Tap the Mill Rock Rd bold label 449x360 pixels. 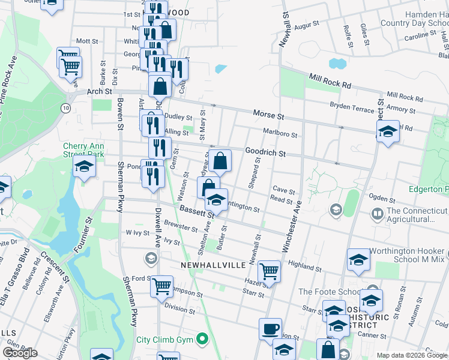(330, 82)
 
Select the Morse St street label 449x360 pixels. (268, 113)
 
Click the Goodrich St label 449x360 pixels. (265, 153)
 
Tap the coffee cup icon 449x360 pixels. (270, 329)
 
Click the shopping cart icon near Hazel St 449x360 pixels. (269, 271)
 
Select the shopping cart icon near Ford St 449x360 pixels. (161, 287)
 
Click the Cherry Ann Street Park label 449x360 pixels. (83, 150)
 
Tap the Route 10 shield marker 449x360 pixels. (66, 107)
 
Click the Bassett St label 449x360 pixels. (196, 211)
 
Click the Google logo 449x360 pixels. (20, 353)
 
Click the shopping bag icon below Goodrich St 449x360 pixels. (221, 161)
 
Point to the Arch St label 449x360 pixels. (100, 92)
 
